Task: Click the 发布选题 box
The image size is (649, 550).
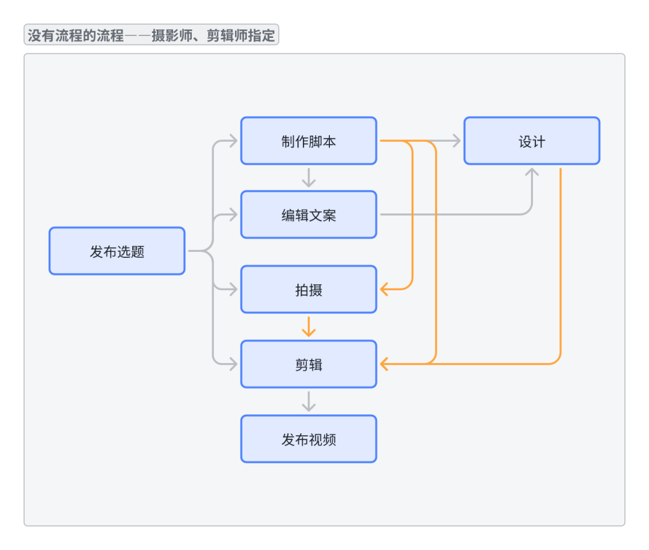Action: pos(117,251)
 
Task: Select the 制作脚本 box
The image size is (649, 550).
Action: pos(308,141)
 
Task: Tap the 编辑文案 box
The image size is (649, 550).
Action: pos(308,215)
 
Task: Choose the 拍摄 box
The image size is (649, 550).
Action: pos(308,290)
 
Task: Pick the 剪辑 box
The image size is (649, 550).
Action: pos(308,364)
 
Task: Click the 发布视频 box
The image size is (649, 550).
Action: pos(308,439)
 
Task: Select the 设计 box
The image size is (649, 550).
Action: pos(531,141)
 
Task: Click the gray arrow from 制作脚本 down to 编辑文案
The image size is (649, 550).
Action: pos(308,178)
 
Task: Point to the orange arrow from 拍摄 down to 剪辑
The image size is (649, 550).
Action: pos(308,326)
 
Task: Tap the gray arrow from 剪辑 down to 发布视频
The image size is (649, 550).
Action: pos(308,402)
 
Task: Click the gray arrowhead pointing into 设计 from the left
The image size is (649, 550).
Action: pos(456,141)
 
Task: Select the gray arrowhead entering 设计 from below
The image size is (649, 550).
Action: pos(532,173)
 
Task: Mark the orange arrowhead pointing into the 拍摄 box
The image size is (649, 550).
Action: pos(385,290)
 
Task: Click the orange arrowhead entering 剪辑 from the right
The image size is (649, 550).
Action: pos(385,364)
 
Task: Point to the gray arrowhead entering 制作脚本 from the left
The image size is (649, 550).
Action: pos(233,141)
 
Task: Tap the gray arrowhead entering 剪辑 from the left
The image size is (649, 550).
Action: pos(233,364)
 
